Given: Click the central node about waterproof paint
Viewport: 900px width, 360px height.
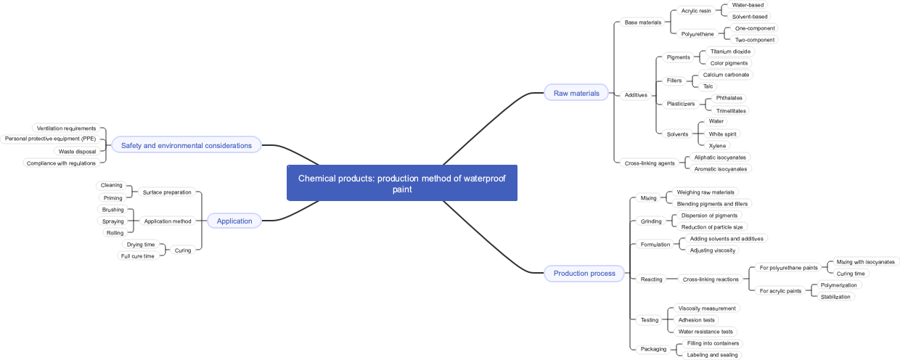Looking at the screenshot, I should [402, 183].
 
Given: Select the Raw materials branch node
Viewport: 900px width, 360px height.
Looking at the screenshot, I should [576, 93].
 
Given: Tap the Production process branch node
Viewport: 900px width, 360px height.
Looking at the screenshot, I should [584, 274].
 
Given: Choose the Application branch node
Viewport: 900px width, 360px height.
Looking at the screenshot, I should [234, 221].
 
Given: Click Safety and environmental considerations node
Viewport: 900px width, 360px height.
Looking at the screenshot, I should [186, 145].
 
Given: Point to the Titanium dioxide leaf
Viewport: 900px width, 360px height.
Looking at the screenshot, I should [730, 52].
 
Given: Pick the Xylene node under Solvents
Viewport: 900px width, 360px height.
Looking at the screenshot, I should [717, 146].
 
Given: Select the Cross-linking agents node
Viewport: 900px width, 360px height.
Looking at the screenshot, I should [650, 163].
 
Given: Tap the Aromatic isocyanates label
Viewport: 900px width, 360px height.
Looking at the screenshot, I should [720, 169].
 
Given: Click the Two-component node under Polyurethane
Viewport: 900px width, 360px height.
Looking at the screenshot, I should [755, 40].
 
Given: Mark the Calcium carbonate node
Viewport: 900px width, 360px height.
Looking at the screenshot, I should [726, 75].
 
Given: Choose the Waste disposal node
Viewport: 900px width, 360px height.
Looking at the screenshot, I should [77, 152].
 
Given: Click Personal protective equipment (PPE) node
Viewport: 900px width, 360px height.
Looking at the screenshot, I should [50, 139].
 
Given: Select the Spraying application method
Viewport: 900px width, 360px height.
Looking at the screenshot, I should [112, 221].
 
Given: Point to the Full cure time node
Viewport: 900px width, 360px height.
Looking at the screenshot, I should [137, 256].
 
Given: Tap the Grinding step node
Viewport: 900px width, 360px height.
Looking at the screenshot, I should [651, 221].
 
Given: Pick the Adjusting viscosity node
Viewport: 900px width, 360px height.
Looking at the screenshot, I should [712, 250].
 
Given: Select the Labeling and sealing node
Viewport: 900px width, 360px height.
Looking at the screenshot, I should [712, 355].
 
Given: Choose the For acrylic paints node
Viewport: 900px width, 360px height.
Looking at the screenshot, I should [780, 291].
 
